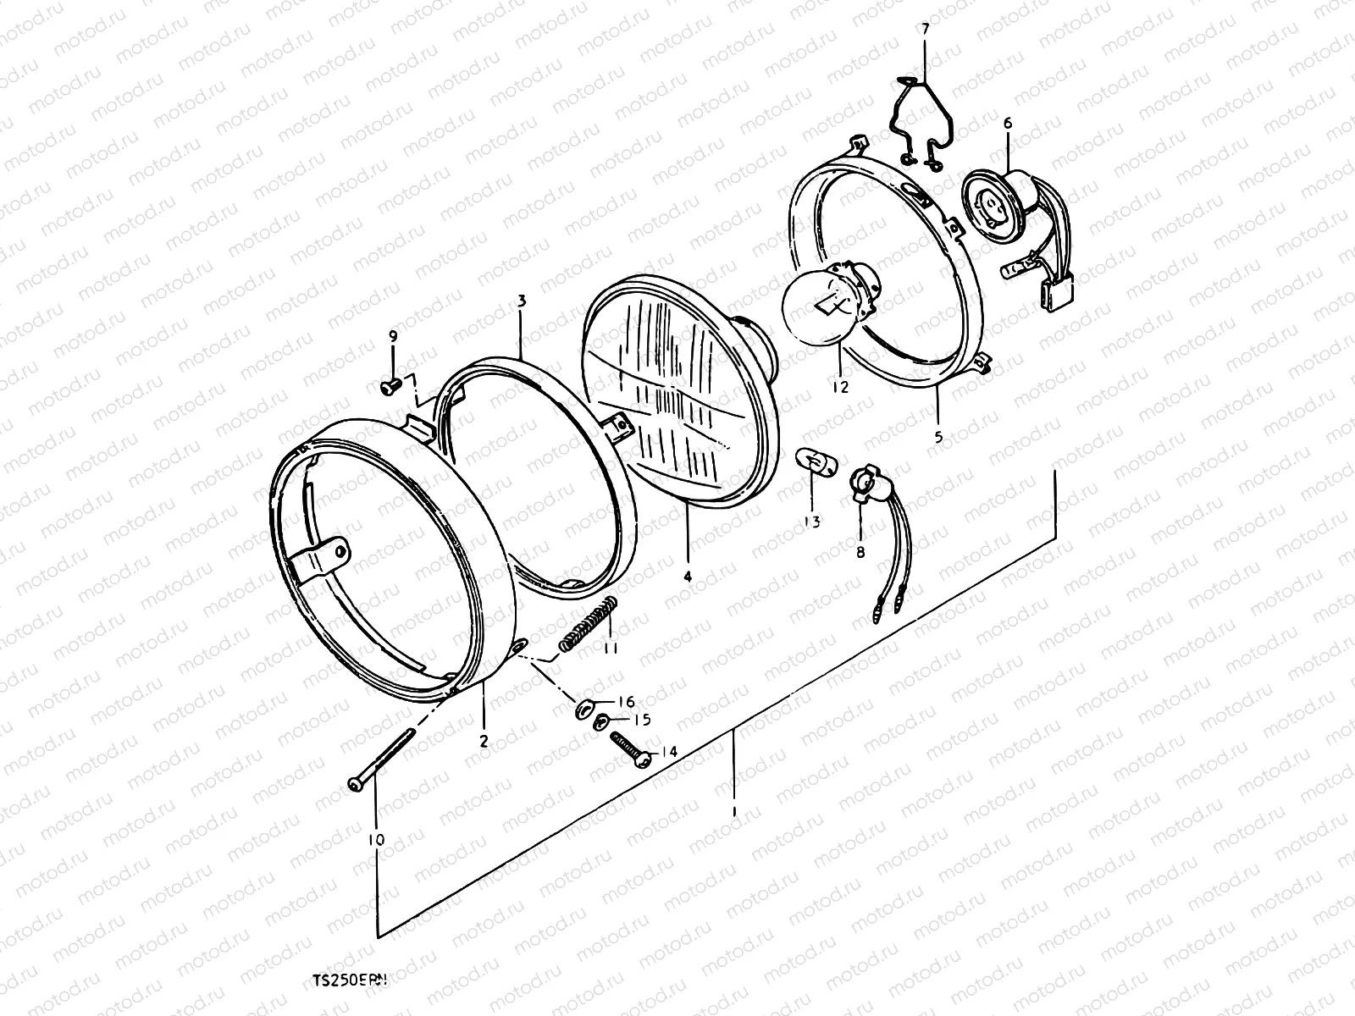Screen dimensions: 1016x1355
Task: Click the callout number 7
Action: [924, 29]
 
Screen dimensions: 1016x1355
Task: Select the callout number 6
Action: [1008, 124]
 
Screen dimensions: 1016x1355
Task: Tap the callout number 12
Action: [839, 388]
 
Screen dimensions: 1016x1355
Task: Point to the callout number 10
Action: [376, 840]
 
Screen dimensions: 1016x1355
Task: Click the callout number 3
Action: [522, 301]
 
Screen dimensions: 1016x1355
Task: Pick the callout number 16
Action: [626, 702]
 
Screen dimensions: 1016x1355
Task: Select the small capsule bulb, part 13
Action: [814, 464]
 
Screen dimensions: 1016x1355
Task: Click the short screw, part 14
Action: [631, 749]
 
